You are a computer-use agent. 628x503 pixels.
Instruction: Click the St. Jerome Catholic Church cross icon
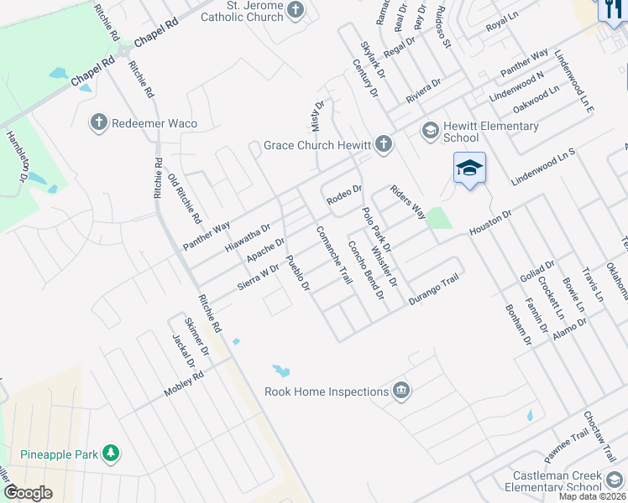click(x=295, y=9)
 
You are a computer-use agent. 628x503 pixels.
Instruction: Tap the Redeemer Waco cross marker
click(x=99, y=123)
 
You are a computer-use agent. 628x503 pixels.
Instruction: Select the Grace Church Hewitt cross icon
click(x=384, y=144)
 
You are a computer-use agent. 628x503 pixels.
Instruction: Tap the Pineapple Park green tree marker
click(x=111, y=454)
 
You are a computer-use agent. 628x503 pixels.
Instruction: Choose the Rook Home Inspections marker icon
click(x=401, y=391)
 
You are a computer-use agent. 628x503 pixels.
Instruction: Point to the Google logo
click(x=28, y=493)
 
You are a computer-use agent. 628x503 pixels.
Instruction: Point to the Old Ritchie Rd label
click(x=185, y=199)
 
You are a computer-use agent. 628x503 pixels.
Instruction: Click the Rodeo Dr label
click(x=344, y=196)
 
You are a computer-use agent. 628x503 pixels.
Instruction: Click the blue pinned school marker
click(x=469, y=168)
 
